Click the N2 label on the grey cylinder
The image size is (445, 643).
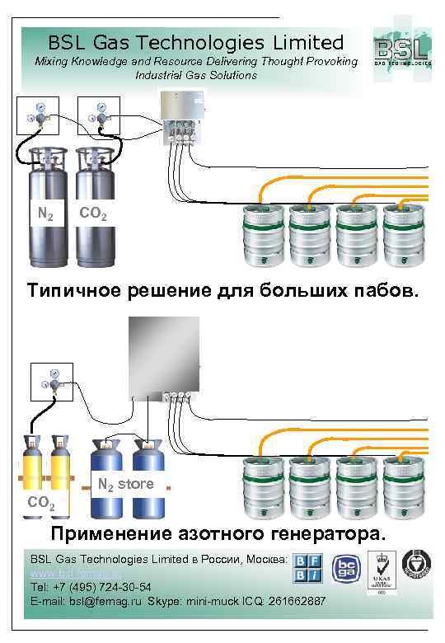[46, 215]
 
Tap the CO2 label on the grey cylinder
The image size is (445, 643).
[92, 214]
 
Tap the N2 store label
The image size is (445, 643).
[125, 484]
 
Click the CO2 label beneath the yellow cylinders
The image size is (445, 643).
[41, 502]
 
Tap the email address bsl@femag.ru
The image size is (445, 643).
[106, 602]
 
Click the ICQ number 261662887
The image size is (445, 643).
[297, 602]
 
